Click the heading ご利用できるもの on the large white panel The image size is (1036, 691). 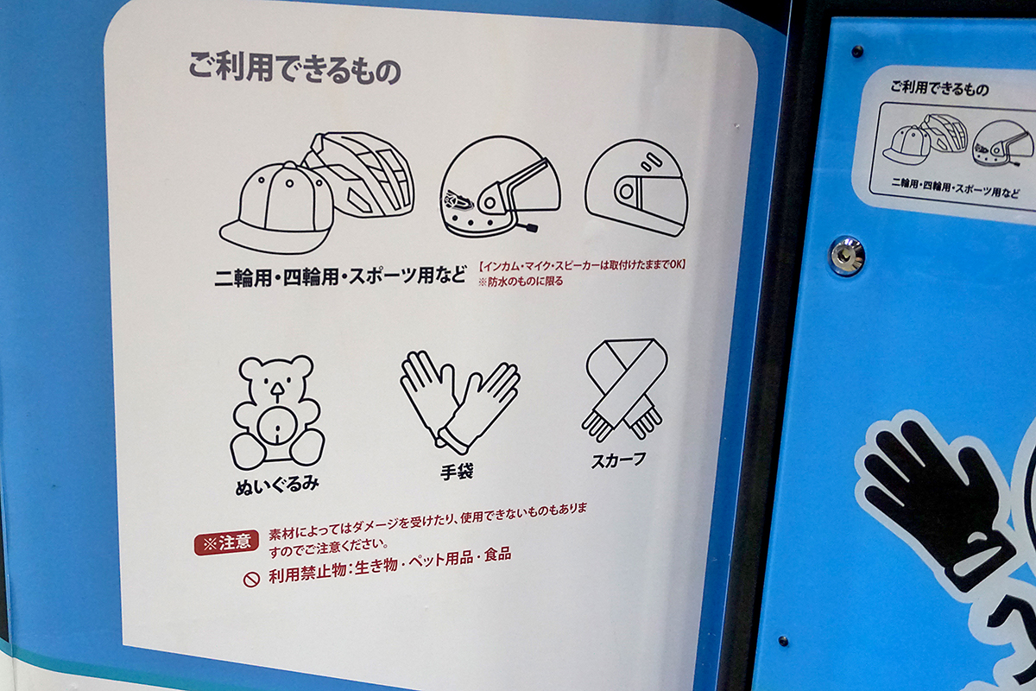[294, 68]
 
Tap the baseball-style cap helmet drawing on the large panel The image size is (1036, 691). [277, 208]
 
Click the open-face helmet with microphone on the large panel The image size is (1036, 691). [500, 187]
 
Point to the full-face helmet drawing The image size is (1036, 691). [636, 188]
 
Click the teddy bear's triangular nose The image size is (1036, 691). [276, 392]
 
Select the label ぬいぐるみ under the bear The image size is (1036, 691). [277, 486]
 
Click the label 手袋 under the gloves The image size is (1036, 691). [457, 472]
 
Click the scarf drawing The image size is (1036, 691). [624, 390]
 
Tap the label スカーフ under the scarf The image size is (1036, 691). [619, 460]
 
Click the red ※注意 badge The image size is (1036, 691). [226, 542]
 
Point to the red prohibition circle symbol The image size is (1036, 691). [251, 579]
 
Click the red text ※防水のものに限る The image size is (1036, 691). [521, 282]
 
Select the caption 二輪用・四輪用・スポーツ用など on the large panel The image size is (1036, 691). [340, 277]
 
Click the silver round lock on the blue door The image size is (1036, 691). [846, 256]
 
